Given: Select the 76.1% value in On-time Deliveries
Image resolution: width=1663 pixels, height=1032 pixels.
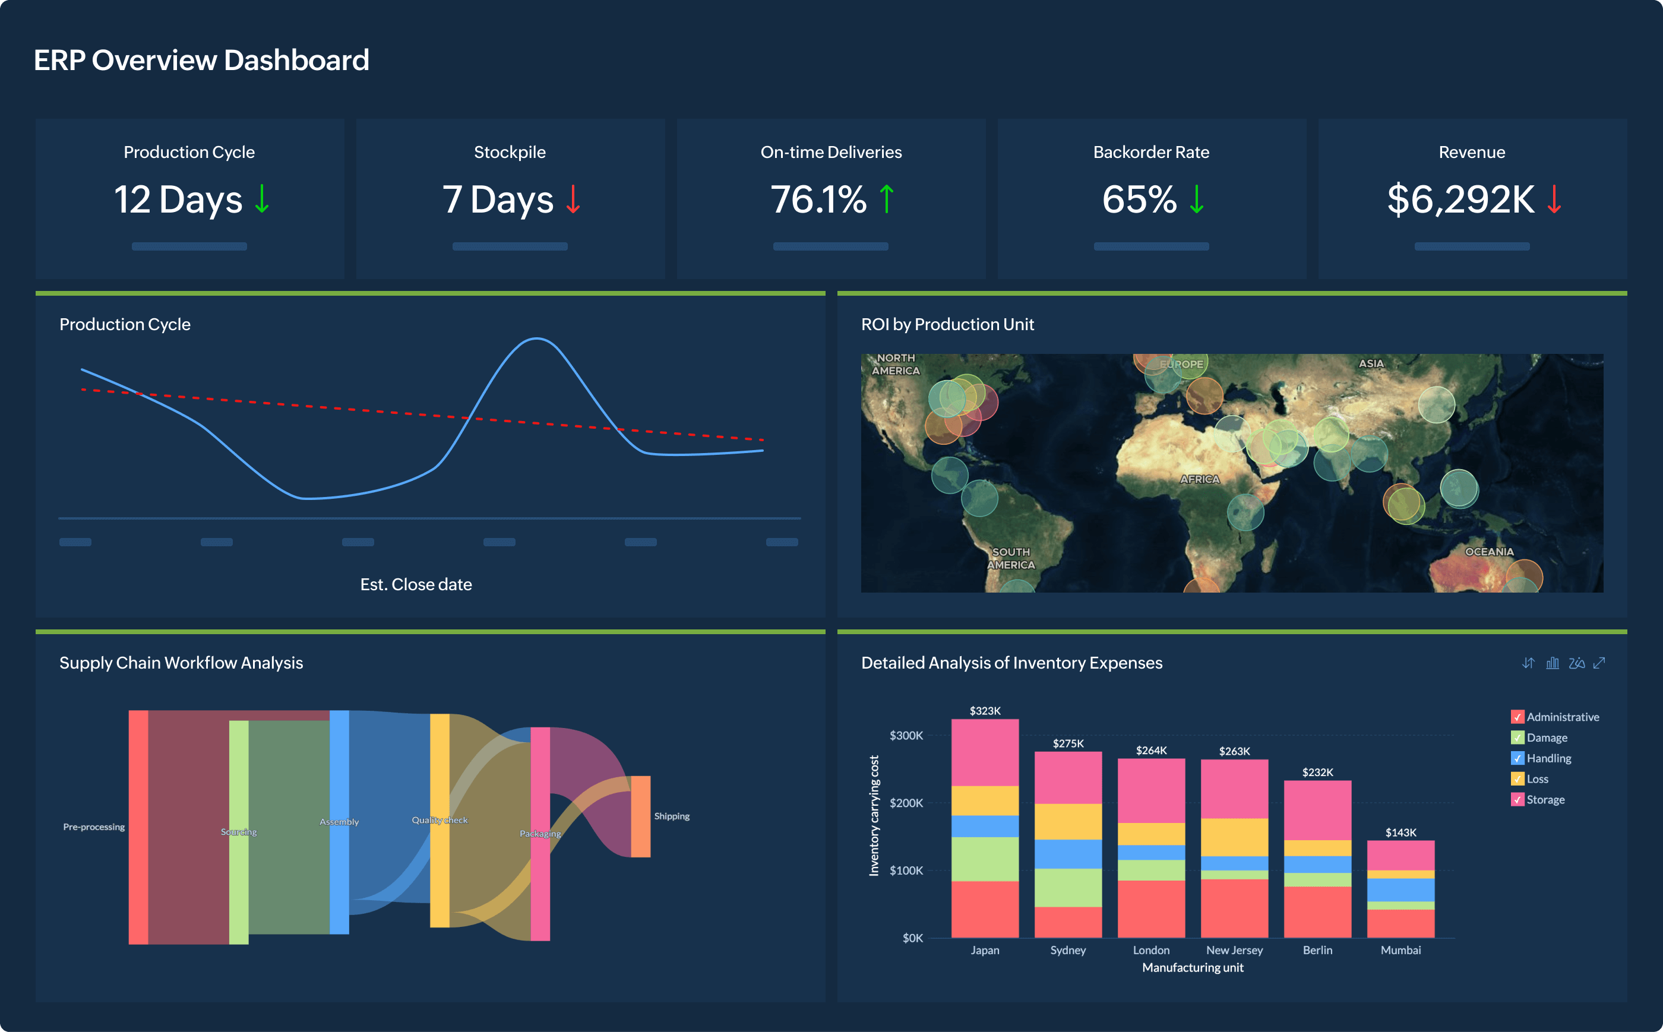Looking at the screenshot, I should [818, 200].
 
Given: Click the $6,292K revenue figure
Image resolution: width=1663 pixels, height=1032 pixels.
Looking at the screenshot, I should [1460, 200].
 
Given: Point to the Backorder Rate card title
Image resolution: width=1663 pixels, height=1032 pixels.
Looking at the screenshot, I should [1151, 152].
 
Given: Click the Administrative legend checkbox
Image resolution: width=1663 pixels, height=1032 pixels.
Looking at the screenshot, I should [1517, 717].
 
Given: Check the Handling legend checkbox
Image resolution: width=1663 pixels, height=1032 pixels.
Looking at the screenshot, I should [1517, 758].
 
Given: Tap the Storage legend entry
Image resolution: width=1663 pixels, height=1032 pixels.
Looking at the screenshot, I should [1545, 799].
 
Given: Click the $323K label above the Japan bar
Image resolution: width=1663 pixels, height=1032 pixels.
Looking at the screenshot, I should [985, 711].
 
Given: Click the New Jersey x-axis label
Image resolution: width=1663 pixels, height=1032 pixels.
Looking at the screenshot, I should [1234, 950].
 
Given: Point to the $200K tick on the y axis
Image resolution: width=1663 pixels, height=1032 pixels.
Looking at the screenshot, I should [906, 803].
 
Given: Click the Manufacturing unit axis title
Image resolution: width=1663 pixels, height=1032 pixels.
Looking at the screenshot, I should [1193, 967].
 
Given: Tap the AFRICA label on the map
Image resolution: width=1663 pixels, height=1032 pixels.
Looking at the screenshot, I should [1200, 479].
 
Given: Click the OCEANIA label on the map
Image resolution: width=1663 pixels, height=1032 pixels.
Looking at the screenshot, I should [1489, 552].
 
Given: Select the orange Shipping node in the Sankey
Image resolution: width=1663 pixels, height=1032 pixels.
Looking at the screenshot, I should [640, 816].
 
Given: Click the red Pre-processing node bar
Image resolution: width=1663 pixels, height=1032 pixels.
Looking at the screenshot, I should [138, 827].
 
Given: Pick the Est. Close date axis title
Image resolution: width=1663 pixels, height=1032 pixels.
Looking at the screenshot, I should [416, 584].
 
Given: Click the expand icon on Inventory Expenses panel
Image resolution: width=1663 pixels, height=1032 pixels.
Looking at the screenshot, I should [1599, 663].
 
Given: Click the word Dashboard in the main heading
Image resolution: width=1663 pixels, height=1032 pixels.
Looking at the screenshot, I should [296, 60].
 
